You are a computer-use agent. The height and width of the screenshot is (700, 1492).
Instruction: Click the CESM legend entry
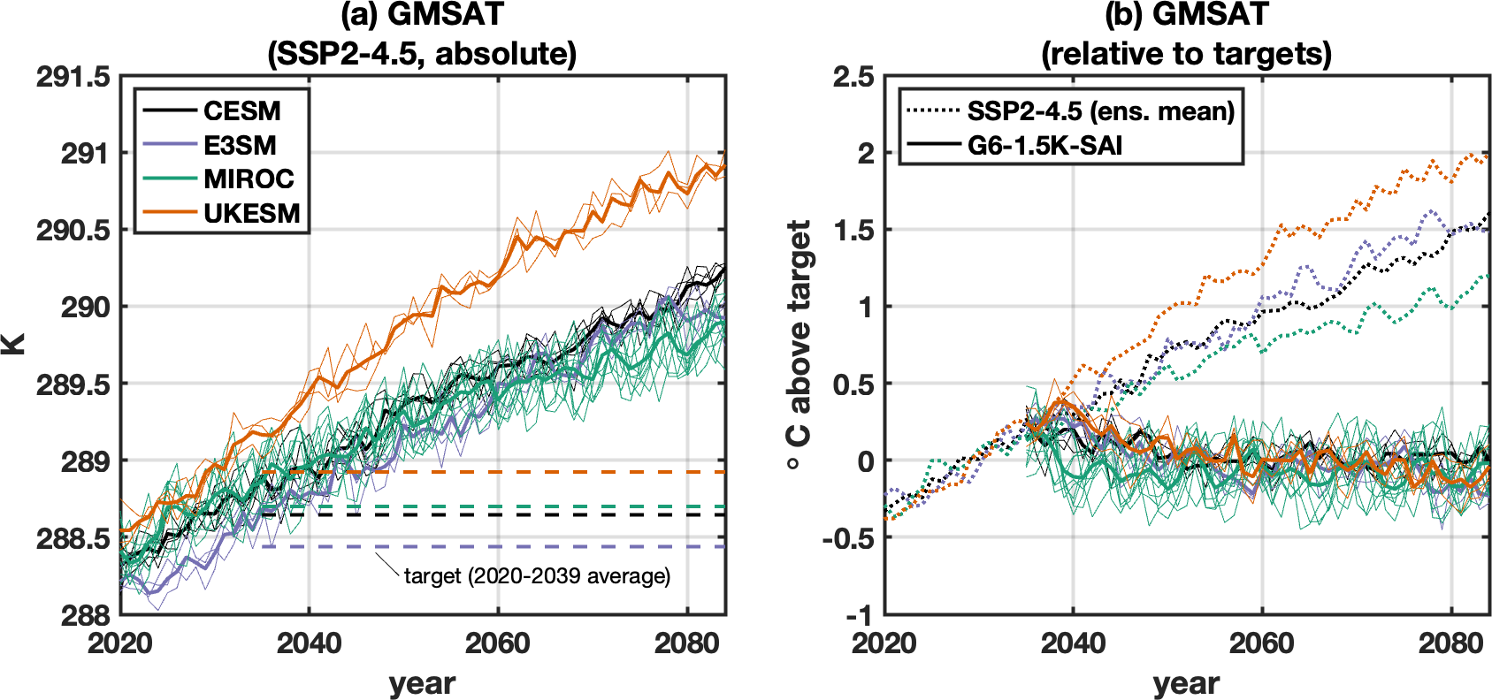click(211, 110)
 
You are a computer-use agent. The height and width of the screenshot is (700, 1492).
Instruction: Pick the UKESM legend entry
click(221, 214)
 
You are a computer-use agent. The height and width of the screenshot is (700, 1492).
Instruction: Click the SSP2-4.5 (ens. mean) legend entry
click(1071, 110)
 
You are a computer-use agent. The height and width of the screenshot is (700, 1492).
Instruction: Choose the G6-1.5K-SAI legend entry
click(1014, 145)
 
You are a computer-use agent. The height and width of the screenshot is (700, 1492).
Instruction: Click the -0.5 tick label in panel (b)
click(848, 538)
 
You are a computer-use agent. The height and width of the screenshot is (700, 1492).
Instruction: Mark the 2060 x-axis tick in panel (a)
click(498, 643)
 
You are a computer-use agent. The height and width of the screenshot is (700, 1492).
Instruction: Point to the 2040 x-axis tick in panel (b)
click(1073, 643)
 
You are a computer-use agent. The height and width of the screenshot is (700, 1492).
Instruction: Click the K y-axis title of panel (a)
click(12, 345)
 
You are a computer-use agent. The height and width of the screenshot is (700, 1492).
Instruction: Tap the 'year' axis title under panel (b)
click(1186, 683)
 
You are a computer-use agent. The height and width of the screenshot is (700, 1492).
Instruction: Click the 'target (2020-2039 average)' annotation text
click(538, 575)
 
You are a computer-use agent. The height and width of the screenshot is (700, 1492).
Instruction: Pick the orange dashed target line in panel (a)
click(494, 472)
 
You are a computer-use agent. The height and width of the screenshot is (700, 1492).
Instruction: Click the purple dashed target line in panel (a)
click(494, 546)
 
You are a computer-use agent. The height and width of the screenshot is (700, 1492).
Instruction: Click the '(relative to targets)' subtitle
click(1186, 54)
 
